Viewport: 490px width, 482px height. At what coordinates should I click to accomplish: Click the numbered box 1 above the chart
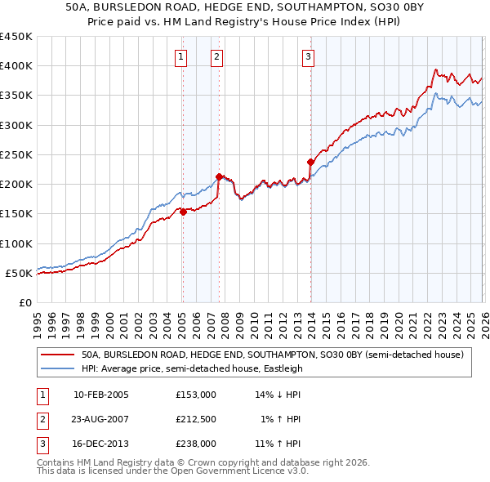180,56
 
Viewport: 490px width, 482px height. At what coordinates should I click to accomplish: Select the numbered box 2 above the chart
216,56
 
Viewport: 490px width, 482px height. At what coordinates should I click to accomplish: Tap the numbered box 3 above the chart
308,56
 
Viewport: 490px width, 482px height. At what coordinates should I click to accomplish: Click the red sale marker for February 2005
183,212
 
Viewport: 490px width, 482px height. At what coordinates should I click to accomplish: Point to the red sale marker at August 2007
219,176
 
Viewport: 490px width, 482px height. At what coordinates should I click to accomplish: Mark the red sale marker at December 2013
310,162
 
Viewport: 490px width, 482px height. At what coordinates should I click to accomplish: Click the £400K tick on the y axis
16,66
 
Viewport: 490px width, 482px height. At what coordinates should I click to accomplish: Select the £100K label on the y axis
16,243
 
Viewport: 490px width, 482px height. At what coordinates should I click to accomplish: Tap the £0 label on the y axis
24,302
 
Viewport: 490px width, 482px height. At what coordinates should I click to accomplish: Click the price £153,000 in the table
195,395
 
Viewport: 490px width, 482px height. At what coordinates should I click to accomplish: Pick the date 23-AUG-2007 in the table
100,419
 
